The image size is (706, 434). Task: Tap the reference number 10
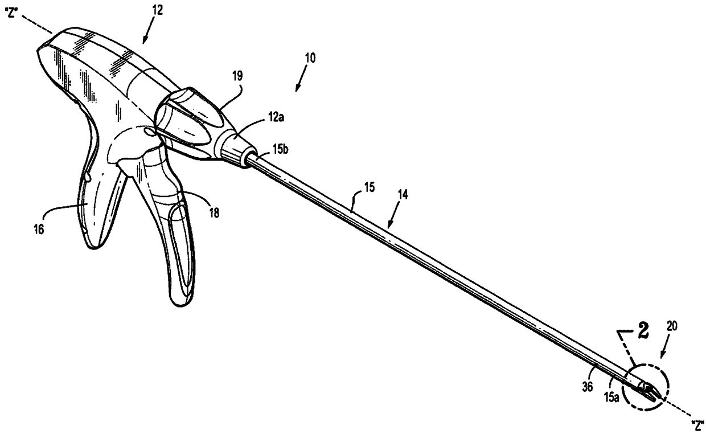point(311,58)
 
